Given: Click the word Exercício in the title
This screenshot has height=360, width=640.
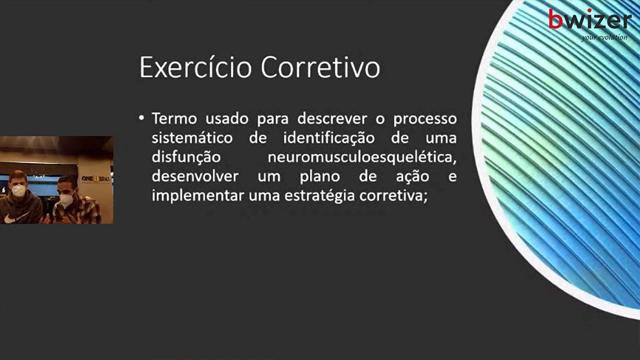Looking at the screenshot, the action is click(x=196, y=67).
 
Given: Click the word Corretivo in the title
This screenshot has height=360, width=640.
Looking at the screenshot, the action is click(x=321, y=67).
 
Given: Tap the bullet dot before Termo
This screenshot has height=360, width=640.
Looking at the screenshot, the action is click(x=141, y=118).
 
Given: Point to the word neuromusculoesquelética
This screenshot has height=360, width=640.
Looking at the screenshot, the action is click(x=362, y=157).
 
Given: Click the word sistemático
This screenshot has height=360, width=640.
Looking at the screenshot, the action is click(x=192, y=138).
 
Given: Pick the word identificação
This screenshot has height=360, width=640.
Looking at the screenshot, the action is click(x=328, y=139).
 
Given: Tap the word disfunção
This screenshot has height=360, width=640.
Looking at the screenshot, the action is click(x=186, y=157).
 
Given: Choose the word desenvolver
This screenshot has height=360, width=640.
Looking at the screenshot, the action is click(x=195, y=176).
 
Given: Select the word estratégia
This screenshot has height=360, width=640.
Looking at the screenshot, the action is click(x=320, y=196).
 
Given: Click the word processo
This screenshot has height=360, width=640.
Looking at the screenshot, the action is click(x=425, y=119).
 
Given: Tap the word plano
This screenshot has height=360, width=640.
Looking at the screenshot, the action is click(x=319, y=177).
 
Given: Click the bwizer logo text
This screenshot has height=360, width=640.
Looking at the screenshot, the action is click(x=589, y=19).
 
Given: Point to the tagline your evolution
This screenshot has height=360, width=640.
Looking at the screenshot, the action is click(x=604, y=37).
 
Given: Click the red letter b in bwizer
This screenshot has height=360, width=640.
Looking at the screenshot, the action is click(x=556, y=19).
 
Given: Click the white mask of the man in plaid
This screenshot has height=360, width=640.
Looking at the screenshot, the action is click(x=66, y=199).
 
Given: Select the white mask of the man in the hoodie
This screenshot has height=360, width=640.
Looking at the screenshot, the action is click(x=18, y=190).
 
